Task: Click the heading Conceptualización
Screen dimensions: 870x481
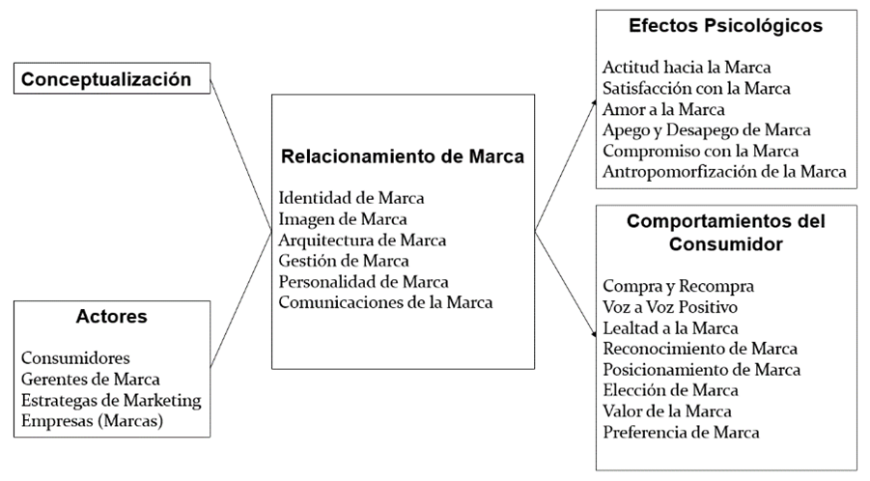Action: pos(106,79)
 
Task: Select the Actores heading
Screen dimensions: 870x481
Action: pos(111,316)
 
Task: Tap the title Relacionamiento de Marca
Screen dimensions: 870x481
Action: pos(403,156)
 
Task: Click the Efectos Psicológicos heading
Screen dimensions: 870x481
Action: pos(726,25)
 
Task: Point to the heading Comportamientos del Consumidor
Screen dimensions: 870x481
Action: pos(726,233)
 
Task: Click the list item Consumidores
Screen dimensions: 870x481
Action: pos(75,358)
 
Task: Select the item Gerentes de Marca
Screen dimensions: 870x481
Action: pos(91,380)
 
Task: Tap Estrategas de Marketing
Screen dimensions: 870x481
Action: pos(111,401)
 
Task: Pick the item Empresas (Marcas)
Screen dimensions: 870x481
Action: pos(92,421)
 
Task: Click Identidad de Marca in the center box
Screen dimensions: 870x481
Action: pos(351,198)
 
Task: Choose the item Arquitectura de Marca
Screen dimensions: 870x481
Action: pos(362,240)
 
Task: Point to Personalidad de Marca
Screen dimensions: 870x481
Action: pos(363,282)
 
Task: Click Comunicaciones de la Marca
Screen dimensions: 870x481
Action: pos(385,303)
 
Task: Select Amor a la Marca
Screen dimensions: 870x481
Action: pos(663,109)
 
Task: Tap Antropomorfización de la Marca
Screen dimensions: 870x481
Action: pos(724,172)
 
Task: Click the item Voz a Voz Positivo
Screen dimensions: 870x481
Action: pos(670,307)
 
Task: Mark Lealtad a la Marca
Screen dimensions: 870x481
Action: pos(671,328)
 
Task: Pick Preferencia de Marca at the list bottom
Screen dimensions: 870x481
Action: pos(682,433)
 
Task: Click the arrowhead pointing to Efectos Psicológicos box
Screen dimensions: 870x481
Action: pos(594,103)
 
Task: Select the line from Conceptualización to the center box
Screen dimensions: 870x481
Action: pos(240,155)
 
